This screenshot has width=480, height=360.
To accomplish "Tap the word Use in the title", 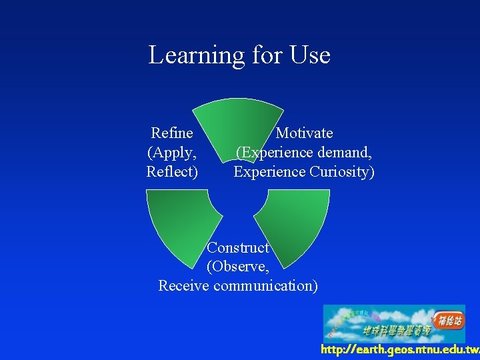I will click(310, 55).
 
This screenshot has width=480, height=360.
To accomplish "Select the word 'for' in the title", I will click(267, 55).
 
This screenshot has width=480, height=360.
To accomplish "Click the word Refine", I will click(172, 133).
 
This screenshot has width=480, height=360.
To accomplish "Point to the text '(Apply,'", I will click(172, 153).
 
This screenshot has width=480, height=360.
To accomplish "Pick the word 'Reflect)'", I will click(172, 172).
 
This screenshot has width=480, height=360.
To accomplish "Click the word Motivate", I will click(304, 133).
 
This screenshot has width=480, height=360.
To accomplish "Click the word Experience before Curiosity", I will click(270, 172).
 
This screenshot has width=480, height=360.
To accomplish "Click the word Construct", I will click(238, 248).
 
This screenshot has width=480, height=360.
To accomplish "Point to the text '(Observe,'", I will click(238, 267).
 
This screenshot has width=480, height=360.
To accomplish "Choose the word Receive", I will click(184, 286).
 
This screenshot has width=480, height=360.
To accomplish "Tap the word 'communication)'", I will click(265, 286).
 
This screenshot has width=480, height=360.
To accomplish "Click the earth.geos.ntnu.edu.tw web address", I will click(399, 350).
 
